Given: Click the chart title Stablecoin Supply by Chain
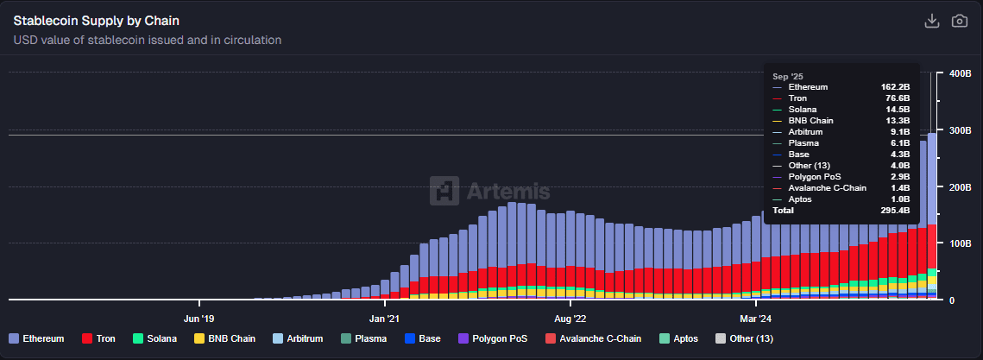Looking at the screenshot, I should [97, 20].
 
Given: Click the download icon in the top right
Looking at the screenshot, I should [931, 21].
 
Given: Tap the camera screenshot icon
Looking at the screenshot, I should [959, 21].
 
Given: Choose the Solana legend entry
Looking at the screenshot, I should [154, 338].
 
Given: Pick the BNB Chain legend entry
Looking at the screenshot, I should [225, 338].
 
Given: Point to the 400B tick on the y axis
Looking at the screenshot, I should [961, 73].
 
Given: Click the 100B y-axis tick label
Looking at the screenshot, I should [961, 243].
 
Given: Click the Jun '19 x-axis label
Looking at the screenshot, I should [199, 316].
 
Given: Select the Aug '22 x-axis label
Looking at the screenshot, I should [570, 316].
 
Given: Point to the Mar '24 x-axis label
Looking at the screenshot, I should [755, 316].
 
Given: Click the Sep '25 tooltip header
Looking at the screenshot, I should [787, 76].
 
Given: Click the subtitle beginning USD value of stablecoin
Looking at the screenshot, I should [148, 40].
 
